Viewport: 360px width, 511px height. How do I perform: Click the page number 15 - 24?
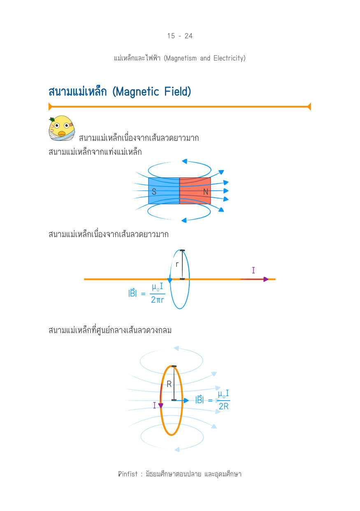(x=180, y=36)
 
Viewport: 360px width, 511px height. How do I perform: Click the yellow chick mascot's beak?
(x=61, y=133)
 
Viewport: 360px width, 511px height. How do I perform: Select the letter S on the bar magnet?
(x=154, y=191)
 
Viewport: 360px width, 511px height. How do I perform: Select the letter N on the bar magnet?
(x=206, y=191)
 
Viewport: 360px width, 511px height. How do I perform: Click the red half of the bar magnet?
(x=195, y=191)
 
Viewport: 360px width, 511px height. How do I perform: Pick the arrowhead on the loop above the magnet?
(x=184, y=161)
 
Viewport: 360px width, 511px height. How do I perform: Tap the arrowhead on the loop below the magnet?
(x=184, y=220)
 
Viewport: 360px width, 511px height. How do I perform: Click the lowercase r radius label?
(x=177, y=264)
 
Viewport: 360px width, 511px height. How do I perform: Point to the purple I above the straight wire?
(x=253, y=270)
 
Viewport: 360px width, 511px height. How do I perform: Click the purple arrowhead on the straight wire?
(x=266, y=279)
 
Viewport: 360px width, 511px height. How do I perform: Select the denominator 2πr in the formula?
(x=157, y=300)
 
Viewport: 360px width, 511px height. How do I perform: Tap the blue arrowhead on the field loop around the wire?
(x=170, y=280)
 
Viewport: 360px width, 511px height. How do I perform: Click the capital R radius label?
(x=169, y=384)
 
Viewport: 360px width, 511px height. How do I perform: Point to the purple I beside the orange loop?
(x=154, y=405)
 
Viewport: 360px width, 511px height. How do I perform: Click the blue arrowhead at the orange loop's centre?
(x=186, y=400)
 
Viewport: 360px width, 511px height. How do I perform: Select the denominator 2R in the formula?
(x=223, y=406)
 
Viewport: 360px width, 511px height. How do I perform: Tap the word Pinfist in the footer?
(x=128, y=474)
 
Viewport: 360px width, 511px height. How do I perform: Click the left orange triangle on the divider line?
(x=50, y=107)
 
